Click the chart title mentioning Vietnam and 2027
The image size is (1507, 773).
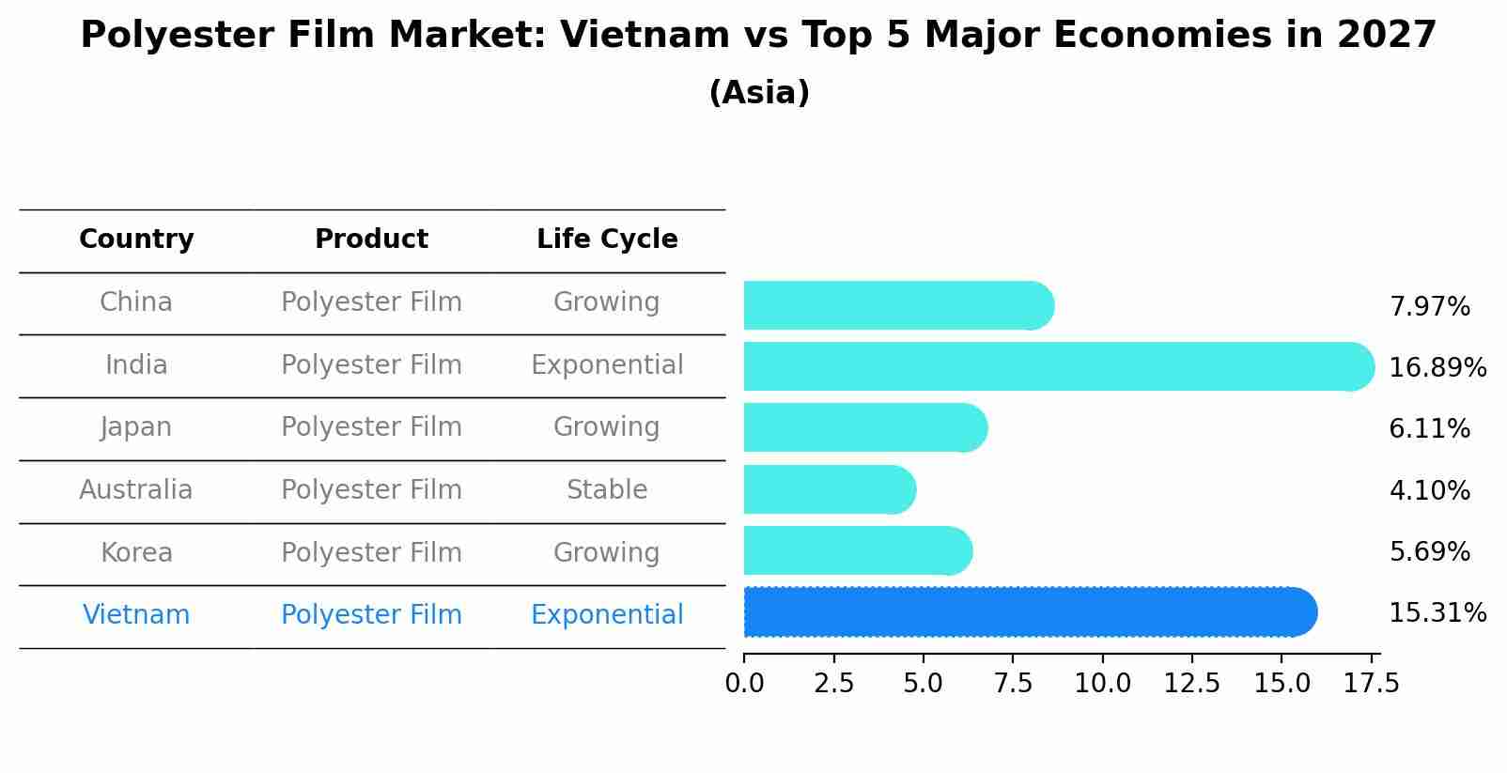(x=758, y=36)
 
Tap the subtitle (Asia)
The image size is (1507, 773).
(x=759, y=93)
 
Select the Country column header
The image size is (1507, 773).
(x=136, y=240)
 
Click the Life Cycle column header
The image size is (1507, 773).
(x=607, y=240)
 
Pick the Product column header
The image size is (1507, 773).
(x=371, y=240)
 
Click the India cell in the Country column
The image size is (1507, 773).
(x=136, y=365)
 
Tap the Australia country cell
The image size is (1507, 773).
(x=136, y=490)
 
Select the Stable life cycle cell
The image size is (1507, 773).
(x=607, y=490)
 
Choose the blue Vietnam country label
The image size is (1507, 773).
(x=136, y=615)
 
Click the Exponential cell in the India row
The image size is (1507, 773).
(x=607, y=365)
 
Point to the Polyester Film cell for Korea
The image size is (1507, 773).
(x=371, y=553)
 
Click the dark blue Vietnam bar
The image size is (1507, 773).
(x=1029, y=612)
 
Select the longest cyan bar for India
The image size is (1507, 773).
(x=1057, y=366)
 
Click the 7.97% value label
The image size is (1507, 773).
(x=1429, y=307)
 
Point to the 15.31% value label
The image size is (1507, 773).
(x=1437, y=613)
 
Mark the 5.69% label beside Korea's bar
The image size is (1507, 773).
(x=1429, y=552)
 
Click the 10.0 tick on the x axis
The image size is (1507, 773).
(x=1102, y=684)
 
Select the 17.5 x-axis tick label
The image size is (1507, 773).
(x=1372, y=684)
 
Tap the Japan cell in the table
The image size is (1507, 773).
(x=136, y=427)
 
